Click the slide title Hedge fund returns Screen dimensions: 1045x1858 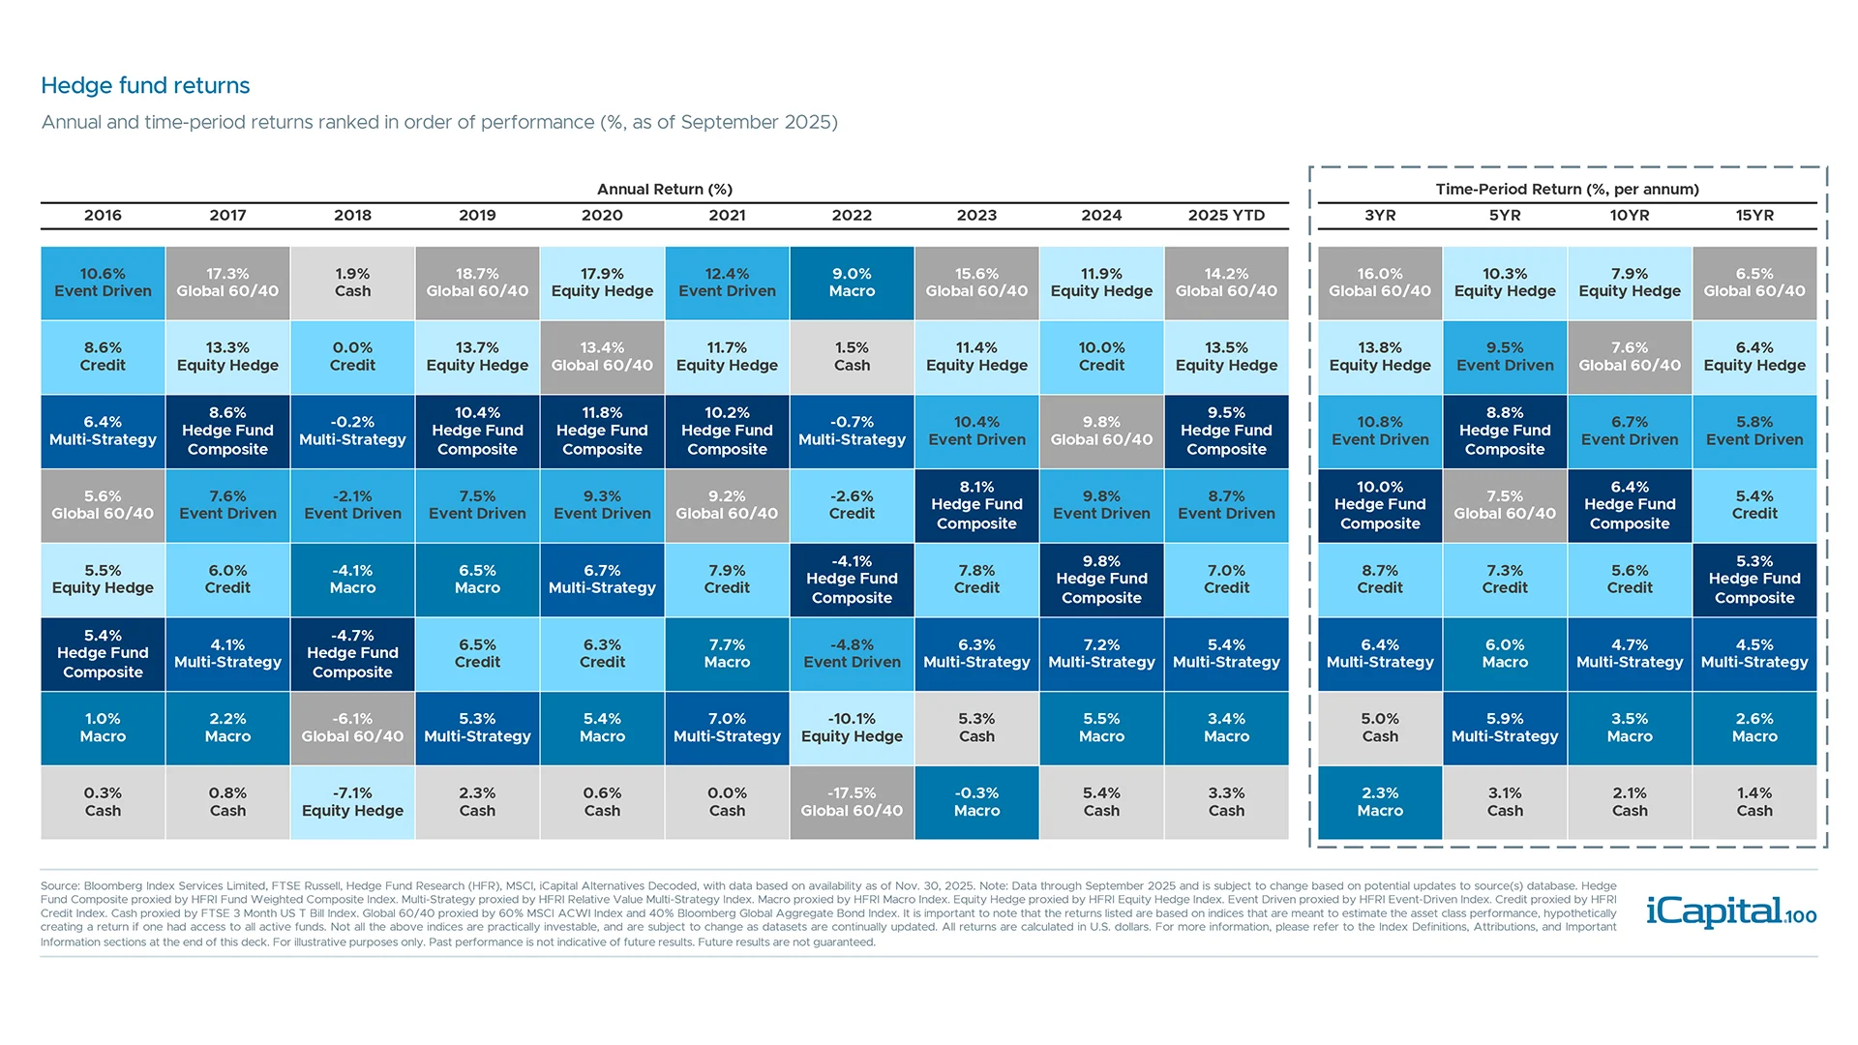tap(145, 85)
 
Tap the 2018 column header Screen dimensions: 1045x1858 tap(352, 215)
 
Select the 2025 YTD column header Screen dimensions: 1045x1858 tap(1226, 215)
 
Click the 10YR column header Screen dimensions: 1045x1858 tap(1630, 215)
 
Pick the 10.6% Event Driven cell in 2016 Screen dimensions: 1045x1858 tap(103, 283)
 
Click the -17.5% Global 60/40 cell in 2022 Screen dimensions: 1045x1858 tap(852, 802)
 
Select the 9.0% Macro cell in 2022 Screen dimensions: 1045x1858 tap(852, 283)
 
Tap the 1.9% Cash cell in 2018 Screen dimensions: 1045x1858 tap(352, 283)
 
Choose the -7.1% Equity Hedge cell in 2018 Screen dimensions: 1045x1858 tap(352, 802)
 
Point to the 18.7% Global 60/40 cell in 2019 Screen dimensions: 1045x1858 tap(477, 283)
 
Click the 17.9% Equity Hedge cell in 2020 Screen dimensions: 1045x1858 tap(602, 283)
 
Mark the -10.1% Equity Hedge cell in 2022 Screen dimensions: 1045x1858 tap(852, 728)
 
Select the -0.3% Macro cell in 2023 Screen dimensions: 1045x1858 tap(976, 802)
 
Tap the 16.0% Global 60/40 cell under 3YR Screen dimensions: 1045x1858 tap(1380, 283)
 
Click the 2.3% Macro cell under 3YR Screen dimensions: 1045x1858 tap(1380, 802)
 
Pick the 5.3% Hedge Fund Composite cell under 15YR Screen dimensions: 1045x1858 tap(1754, 580)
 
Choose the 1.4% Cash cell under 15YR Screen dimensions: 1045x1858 tap(1754, 802)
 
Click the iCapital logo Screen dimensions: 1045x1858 tap(1730, 911)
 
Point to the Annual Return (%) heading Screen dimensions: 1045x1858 tap(664, 189)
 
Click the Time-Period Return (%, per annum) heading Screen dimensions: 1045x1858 tap(1567, 189)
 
